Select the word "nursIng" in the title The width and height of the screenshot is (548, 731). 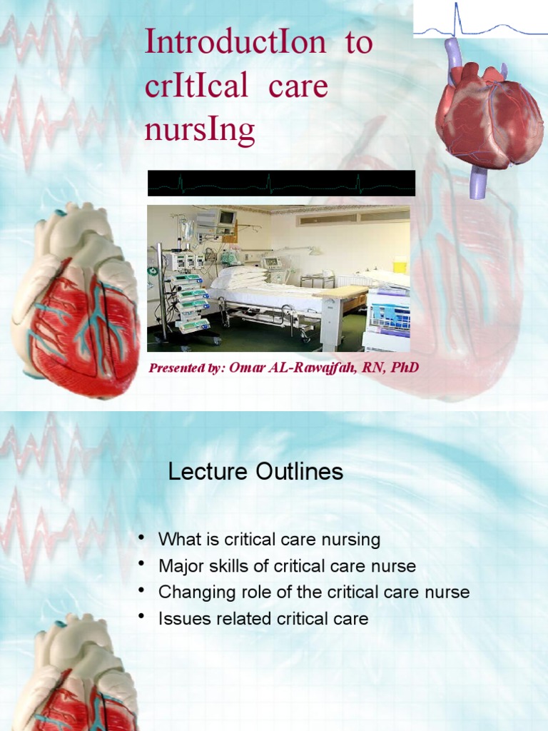click(x=200, y=131)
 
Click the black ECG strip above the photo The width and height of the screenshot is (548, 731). click(x=281, y=183)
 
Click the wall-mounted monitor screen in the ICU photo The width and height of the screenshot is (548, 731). click(x=225, y=218)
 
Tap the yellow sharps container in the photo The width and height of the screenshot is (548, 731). click(x=400, y=264)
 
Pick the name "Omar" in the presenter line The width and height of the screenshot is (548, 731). click(x=249, y=368)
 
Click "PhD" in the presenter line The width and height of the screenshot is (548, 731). click(x=404, y=368)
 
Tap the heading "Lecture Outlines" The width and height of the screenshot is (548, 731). click(x=255, y=472)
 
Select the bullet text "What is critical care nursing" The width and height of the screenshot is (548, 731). click(x=269, y=540)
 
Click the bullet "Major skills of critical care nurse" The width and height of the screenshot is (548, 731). click(x=287, y=567)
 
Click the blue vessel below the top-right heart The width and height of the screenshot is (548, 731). click(x=477, y=181)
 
